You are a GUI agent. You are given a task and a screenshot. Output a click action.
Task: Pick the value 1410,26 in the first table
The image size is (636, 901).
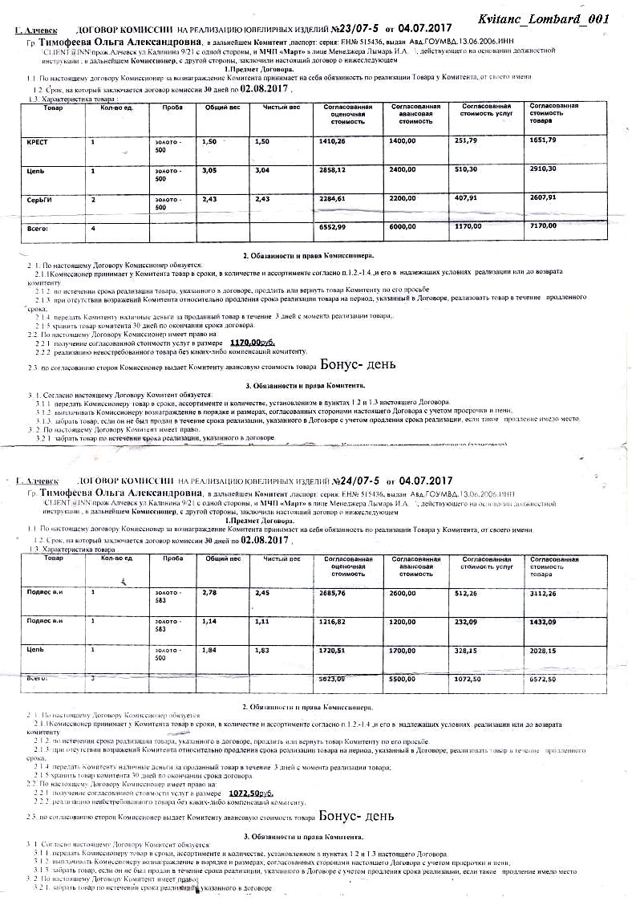pyautogui.click(x=333, y=141)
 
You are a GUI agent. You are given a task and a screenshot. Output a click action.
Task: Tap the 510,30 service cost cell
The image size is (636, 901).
pyautogui.click(x=467, y=169)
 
